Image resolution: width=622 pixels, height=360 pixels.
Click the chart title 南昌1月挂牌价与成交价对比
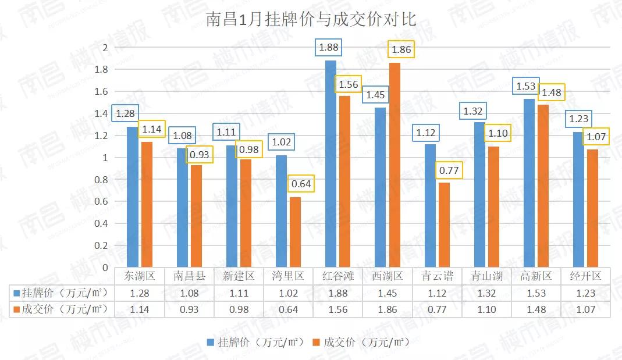pyautogui.click(x=311, y=19)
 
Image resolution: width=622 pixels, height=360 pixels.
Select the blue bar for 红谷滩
pyautogui.click(x=330, y=164)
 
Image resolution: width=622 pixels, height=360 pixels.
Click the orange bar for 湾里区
pyautogui.click(x=295, y=232)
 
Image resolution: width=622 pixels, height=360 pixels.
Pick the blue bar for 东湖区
pyautogui.click(x=133, y=197)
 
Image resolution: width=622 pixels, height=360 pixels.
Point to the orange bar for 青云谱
pyautogui.click(x=444, y=225)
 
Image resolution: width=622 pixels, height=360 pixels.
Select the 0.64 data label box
pyautogui.click(x=301, y=184)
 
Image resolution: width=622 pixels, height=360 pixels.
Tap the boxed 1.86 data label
pyautogui.click(x=401, y=49)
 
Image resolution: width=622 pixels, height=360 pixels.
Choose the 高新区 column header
pyautogui.click(x=536, y=276)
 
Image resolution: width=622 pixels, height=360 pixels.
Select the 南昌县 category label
pyautogui.click(x=190, y=276)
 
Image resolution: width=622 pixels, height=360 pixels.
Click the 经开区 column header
pyautogui.click(x=585, y=276)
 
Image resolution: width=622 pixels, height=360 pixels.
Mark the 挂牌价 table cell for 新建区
pyautogui.click(x=239, y=293)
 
